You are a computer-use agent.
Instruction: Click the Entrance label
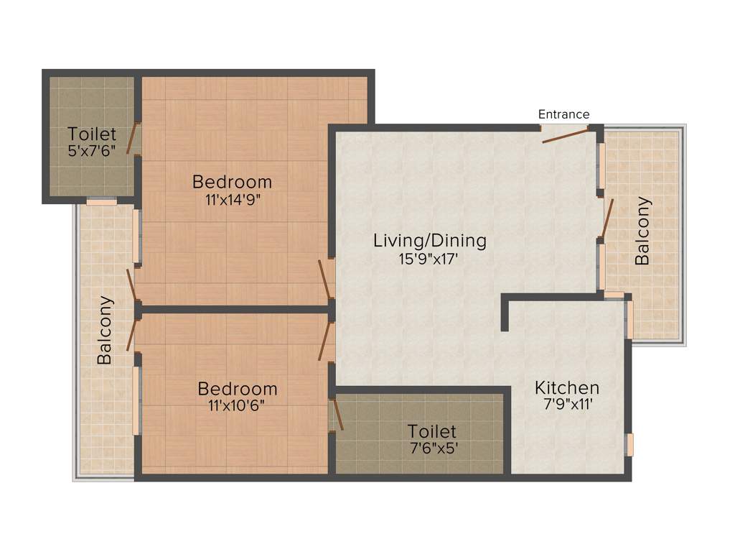[563, 114]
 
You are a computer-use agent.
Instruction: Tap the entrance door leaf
[565, 136]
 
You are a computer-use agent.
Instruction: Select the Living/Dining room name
[429, 241]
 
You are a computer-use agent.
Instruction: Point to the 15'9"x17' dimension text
[429, 259]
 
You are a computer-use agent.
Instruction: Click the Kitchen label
[566, 388]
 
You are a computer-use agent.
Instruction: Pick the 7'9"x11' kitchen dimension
[566, 405]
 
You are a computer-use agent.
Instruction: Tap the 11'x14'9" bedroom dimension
[232, 199]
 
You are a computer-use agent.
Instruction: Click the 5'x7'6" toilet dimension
[92, 152]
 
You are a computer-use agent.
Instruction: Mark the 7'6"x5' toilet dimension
[431, 448]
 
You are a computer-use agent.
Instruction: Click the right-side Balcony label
[642, 231]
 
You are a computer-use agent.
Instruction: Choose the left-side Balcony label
[105, 330]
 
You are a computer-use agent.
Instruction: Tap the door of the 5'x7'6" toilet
[133, 139]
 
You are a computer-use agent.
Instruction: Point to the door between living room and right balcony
[607, 218]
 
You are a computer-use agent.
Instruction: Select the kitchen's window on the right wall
[629, 444]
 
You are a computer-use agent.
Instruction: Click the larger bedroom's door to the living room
[324, 280]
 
